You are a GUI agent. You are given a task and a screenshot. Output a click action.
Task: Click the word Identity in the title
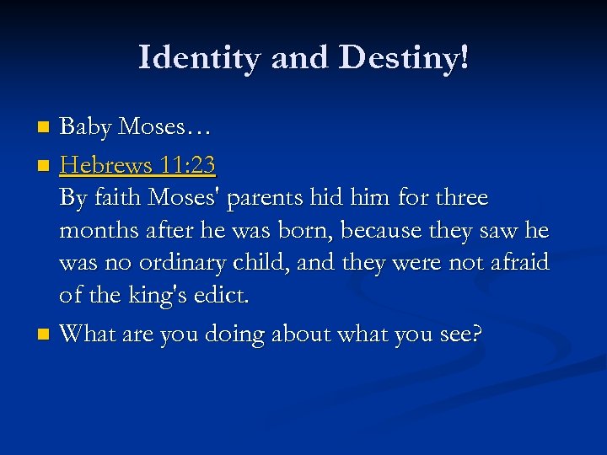pyautogui.click(x=196, y=57)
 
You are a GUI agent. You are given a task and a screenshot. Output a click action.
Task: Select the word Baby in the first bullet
pyautogui.click(x=86, y=127)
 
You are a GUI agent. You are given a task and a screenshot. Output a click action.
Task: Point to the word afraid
pyautogui.click(x=517, y=264)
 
